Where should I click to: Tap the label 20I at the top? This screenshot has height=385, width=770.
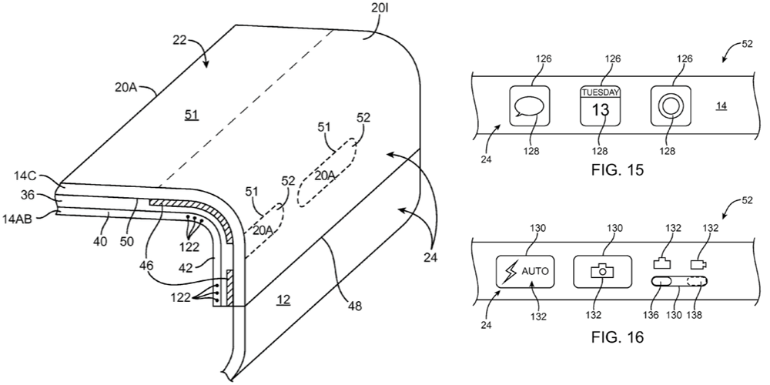pyautogui.click(x=379, y=12)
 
